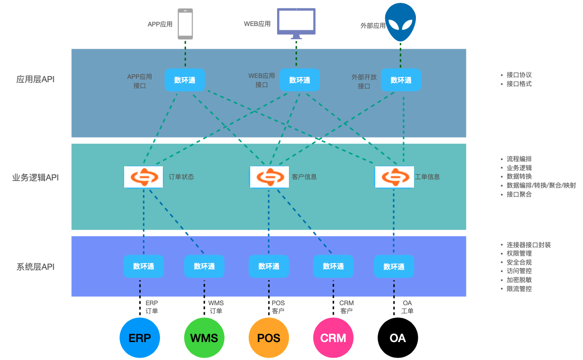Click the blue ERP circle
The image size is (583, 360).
click(140, 338)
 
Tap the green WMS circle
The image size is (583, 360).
click(204, 338)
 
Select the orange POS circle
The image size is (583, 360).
click(269, 338)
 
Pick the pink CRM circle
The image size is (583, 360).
click(333, 338)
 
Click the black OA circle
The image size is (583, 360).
click(398, 338)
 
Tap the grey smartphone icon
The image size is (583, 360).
click(185, 24)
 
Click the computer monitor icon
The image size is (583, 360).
click(296, 23)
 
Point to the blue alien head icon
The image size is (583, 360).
click(400, 23)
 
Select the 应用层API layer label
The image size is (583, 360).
click(35, 79)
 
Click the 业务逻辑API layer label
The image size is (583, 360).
click(35, 178)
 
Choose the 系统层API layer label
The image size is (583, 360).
click(35, 267)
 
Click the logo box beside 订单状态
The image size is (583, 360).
click(144, 177)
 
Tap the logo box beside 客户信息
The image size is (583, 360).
click(270, 177)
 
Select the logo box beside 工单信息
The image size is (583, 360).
click(395, 177)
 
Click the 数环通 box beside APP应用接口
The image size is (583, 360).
click(185, 80)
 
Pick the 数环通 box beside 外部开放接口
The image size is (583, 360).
click(401, 80)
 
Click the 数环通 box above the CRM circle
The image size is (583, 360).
click(333, 266)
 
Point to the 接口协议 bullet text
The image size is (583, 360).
click(519, 75)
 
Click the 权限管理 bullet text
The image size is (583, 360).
click(519, 254)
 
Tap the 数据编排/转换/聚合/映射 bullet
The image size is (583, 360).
click(541, 186)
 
